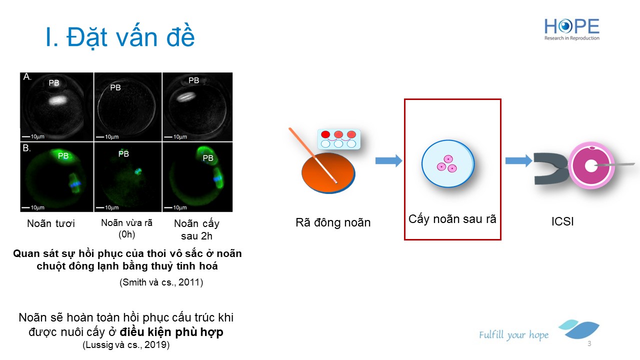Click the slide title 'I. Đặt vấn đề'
coord(120,36)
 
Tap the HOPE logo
coord(571,29)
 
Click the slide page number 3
coord(589,343)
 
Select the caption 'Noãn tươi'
coord(51,223)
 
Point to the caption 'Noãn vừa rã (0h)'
coord(126,228)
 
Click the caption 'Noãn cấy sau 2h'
coord(196,229)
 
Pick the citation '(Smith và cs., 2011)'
coord(161,282)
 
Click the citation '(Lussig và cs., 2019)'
coord(126,344)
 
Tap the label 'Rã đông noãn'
coord(333,222)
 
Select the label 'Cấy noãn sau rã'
coord(452,219)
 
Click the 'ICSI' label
coord(562,221)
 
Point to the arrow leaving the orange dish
coord(388,160)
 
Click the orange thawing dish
coord(328,172)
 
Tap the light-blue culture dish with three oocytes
coord(448,163)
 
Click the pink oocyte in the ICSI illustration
coord(591,165)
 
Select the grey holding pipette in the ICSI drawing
coord(550,168)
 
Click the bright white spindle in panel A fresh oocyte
coord(58,100)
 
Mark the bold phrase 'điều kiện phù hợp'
coord(171,332)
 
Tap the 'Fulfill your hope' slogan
coord(513,334)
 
